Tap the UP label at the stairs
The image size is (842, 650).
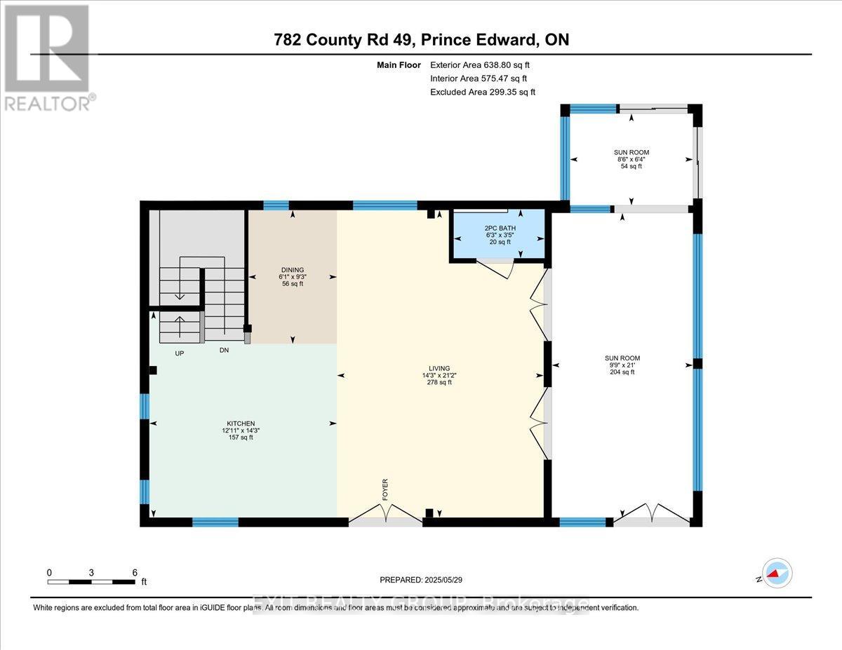(179, 353)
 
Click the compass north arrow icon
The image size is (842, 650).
(777, 574)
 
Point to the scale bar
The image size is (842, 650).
(92, 581)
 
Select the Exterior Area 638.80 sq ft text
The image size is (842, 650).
(479, 65)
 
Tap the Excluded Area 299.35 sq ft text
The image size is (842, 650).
(482, 92)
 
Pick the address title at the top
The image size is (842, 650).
(421, 40)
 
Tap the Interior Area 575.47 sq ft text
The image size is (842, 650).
(478, 79)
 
